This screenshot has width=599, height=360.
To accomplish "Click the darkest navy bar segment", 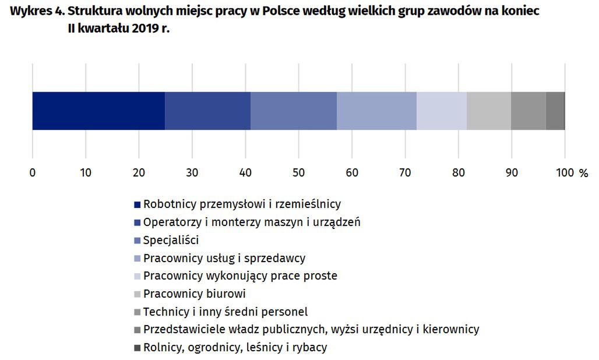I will click(x=98, y=111).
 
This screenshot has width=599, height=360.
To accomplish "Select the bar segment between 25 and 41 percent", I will click(x=207, y=111).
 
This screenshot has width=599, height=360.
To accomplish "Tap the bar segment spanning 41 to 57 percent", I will click(x=294, y=111).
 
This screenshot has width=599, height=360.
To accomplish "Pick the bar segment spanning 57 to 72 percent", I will click(x=376, y=111).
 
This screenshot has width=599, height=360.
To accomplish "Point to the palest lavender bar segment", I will click(x=442, y=111).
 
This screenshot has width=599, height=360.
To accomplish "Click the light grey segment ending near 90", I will click(x=489, y=111).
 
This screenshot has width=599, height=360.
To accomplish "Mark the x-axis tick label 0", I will click(x=32, y=173).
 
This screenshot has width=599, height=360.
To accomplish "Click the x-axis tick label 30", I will click(x=192, y=173).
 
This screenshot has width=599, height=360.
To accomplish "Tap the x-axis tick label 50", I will click(x=298, y=173).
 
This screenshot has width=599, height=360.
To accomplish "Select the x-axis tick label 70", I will click(x=405, y=173).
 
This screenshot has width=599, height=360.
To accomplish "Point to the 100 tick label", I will click(x=565, y=173).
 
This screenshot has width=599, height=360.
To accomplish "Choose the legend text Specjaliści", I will click(x=171, y=240).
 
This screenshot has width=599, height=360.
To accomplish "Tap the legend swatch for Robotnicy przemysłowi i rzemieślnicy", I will click(x=138, y=204).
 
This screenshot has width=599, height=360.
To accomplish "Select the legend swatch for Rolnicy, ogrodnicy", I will click(x=138, y=348).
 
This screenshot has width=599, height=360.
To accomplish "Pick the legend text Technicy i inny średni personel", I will click(x=225, y=312).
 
